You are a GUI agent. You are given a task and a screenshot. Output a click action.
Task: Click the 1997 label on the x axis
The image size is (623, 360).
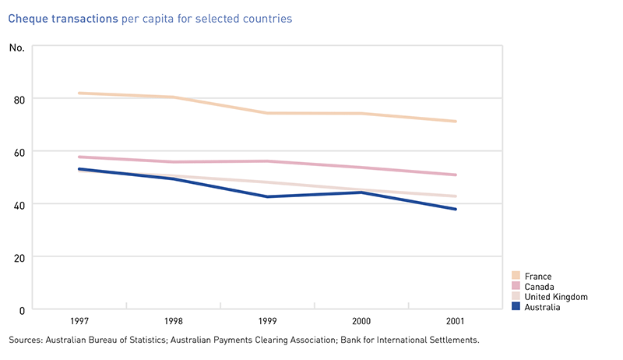pos(79,321)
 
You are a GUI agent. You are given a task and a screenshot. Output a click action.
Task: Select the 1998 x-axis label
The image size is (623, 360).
pos(174,321)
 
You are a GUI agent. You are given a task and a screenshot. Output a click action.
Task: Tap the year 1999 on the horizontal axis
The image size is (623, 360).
pos(268,321)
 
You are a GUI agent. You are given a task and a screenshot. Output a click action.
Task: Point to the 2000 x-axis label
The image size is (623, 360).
pos(362,321)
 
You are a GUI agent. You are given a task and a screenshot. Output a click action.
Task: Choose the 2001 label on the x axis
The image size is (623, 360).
pos(456,321)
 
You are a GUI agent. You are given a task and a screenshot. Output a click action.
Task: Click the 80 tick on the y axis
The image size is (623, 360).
pos(18,99)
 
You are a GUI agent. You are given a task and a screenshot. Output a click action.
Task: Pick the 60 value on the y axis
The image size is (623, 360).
pos(18,151)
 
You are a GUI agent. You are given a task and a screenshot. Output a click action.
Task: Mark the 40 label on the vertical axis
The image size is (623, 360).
pos(18,204)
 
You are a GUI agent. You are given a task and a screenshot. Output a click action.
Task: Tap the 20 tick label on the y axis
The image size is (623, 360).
pos(18,257)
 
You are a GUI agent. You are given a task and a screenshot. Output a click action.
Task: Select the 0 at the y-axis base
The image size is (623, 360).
pos(21,310)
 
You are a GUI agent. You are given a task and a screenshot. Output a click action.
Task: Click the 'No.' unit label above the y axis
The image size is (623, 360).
pos(16,48)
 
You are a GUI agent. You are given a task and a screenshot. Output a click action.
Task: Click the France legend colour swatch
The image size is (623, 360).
pos(516,276)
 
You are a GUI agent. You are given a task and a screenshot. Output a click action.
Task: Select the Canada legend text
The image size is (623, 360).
pos(540,287)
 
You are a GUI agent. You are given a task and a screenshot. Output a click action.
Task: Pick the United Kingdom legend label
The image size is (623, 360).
pos(556,297)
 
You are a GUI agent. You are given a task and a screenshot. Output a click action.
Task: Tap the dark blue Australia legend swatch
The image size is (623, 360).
pos(516,307)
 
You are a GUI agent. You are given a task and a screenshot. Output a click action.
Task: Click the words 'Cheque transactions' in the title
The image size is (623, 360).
pos(63,18)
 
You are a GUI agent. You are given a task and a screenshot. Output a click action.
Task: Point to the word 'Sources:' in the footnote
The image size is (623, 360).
pos(26,341)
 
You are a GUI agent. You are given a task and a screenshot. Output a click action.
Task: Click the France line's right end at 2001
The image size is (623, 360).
pos(456,122)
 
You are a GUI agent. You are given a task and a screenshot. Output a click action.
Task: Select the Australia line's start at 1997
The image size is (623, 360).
pos(79,169)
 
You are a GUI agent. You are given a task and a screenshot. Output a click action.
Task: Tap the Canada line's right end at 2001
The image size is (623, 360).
pos(456,175)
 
